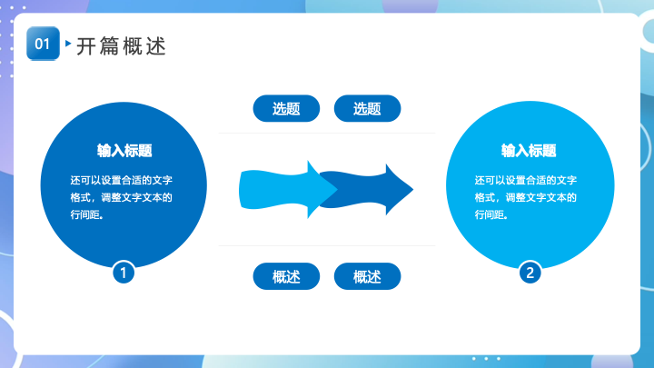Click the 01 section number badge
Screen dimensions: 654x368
point(43,44)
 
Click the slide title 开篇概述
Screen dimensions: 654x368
point(122,46)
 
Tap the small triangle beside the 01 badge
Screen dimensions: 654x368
point(68,43)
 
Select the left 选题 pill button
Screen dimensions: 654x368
point(286,108)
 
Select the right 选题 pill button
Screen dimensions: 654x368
point(368,108)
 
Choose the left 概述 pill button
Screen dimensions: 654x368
point(286,276)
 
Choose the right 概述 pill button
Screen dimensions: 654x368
point(368,276)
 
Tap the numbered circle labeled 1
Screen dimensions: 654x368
point(124,273)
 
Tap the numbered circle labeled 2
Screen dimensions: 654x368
point(530,273)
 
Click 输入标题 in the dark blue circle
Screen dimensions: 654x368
point(124,151)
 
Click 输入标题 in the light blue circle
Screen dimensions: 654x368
point(529,151)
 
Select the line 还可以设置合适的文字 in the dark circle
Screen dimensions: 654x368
point(122,180)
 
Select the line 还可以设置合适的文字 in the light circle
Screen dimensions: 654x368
point(526,180)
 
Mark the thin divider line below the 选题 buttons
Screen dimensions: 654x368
point(327,134)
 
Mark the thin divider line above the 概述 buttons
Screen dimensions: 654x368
point(327,245)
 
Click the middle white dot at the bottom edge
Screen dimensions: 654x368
point(486,358)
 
